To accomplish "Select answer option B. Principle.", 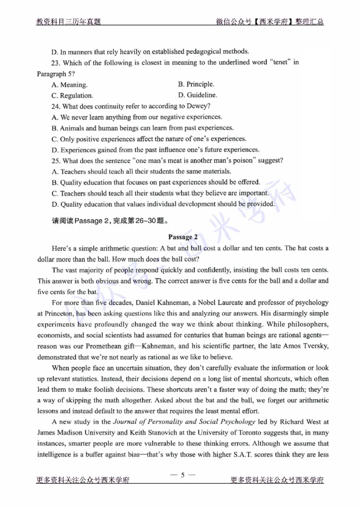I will [196, 84].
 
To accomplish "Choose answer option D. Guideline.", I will [198, 95].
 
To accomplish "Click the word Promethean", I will [102, 335].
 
